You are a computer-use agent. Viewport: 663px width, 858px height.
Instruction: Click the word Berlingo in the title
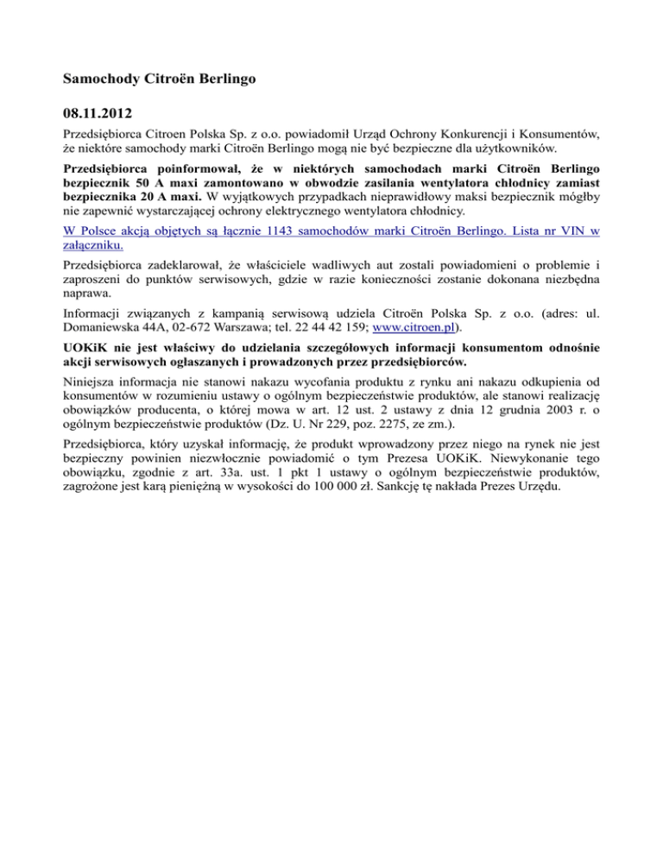click(228, 77)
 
